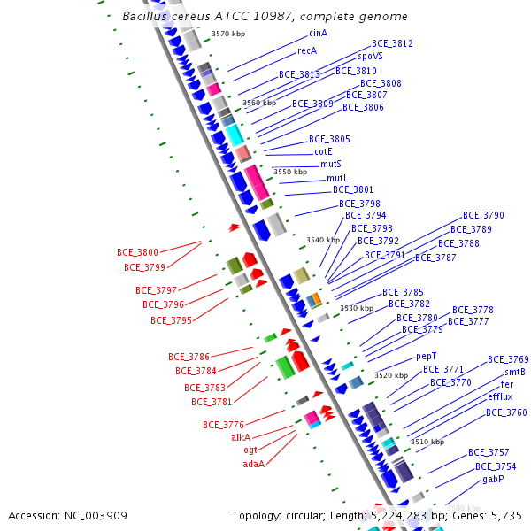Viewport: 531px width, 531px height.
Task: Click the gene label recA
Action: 307,51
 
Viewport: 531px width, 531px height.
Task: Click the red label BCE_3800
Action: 137,252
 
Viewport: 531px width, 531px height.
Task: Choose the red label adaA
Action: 254,463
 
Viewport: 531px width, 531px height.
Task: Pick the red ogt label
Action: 250,450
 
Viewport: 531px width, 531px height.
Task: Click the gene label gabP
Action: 493,479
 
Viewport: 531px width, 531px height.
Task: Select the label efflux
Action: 500,397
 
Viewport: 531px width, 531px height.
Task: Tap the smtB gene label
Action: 515,373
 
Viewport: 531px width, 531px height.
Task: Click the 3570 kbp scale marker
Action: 228,34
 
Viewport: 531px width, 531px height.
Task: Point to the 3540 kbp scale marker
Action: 323,240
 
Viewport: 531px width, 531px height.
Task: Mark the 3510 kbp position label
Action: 427,442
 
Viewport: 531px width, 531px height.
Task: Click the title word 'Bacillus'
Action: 147,16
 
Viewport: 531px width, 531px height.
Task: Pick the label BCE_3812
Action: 392,43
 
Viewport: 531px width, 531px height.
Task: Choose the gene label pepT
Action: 427,356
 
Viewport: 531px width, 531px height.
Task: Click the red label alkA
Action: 241,437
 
